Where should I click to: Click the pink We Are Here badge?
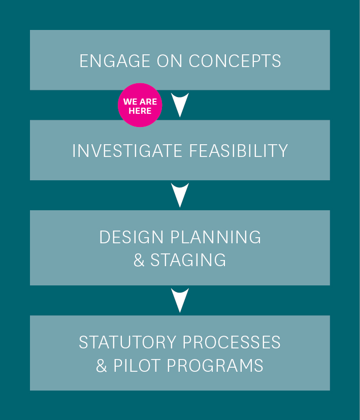140,105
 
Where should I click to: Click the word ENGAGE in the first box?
115,61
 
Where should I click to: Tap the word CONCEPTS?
235,61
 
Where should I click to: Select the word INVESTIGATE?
127,150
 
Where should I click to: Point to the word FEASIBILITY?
239,150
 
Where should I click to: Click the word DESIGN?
131,237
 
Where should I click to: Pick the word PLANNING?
216,237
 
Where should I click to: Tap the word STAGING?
188,260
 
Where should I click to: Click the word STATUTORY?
127,342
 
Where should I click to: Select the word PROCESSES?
232,342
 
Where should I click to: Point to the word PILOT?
137,365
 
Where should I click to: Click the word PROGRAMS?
215,365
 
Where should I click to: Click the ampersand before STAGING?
139,260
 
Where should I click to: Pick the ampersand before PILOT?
102,365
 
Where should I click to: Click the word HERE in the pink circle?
140,111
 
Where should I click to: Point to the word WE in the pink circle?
130,102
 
